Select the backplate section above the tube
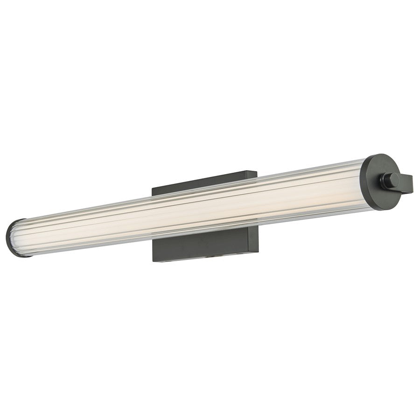pyautogui.click(x=205, y=183)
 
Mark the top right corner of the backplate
pyautogui.click(x=257, y=172)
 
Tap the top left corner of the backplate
pyautogui.click(x=152, y=188)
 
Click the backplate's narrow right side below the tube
pyautogui.click(x=257, y=238)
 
